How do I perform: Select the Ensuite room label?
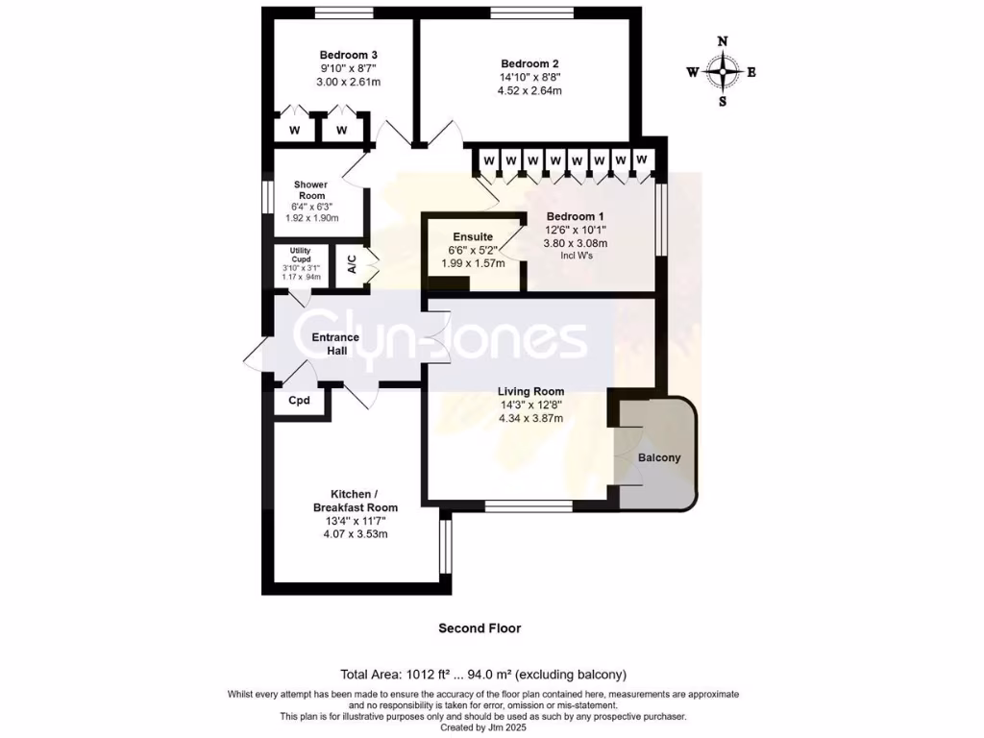[473, 236]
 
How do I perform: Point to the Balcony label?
[659, 458]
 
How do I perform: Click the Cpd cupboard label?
[299, 401]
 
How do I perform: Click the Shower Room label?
[310, 190]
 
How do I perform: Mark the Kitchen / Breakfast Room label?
[355, 501]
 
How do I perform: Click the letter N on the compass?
[722, 40]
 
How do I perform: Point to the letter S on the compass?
[723, 102]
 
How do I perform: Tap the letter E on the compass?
[752, 72]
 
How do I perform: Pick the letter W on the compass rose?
[692, 72]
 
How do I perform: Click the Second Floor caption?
[480, 628]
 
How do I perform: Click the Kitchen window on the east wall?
[445, 545]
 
